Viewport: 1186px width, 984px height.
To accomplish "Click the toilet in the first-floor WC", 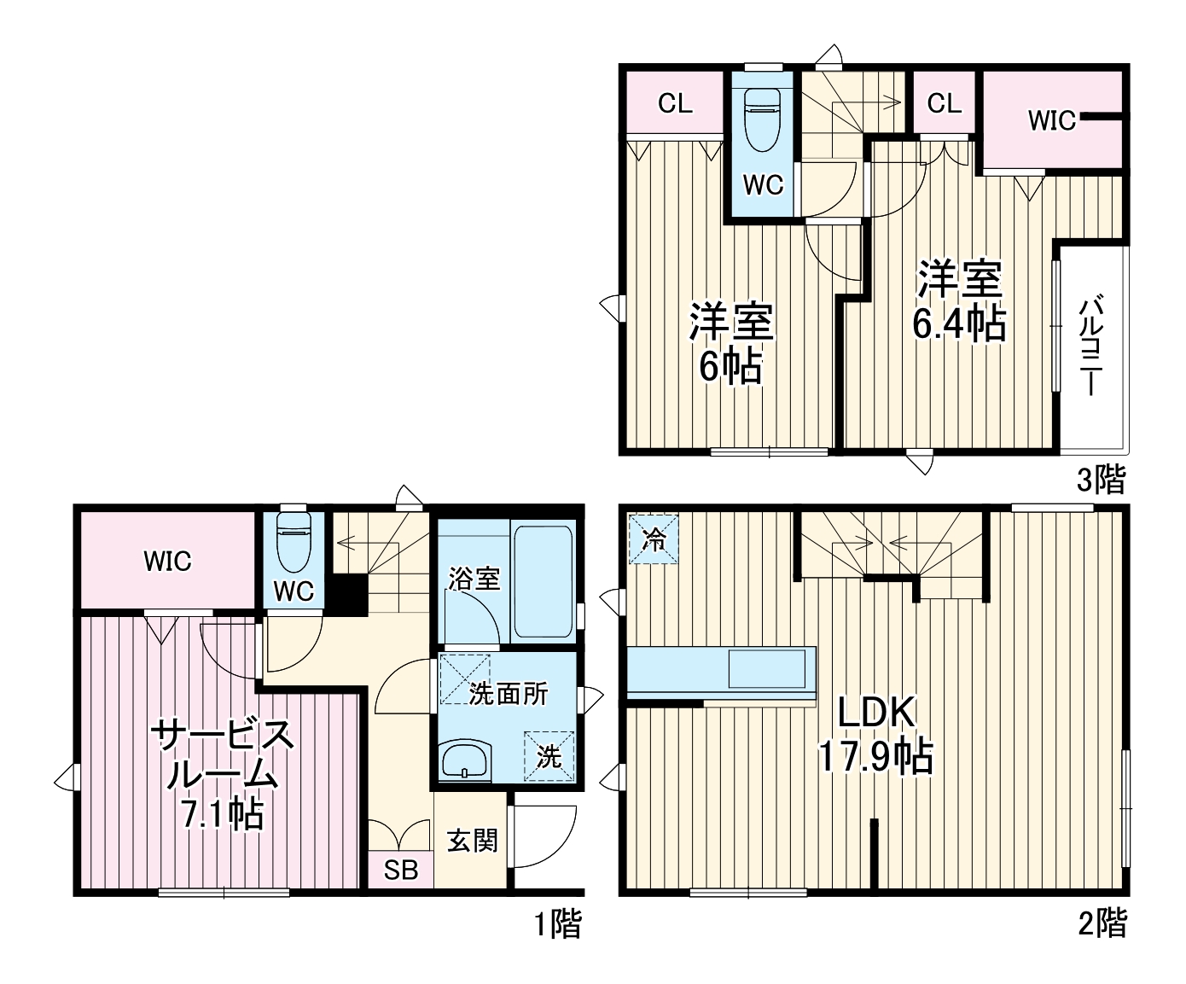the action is (x=294, y=543).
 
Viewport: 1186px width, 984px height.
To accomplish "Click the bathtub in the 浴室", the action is (x=543, y=582).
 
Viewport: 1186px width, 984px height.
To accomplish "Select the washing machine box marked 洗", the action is (x=549, y=756).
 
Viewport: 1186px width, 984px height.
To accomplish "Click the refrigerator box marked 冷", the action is (x=654, y=539).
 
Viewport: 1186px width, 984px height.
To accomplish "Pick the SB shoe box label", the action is (x=401, y=870).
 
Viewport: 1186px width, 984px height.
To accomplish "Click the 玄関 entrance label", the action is (x=473, y=841).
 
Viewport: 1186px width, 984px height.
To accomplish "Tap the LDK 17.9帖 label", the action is (x=875, y=735).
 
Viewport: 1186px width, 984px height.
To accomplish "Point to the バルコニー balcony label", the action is (x=1091, y=345).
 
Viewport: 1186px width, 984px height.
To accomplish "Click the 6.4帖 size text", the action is (x=959, y=324).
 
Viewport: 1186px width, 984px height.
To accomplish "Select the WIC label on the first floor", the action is (x=167, y=562).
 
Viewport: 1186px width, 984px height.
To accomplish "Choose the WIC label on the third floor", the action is (x=1052, y=120).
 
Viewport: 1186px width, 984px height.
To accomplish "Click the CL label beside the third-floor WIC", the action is (x=945, y=103).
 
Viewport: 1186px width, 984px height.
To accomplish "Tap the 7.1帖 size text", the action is (x=222, y=814).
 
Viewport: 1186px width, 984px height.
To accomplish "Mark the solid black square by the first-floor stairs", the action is (x=349, y=594).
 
